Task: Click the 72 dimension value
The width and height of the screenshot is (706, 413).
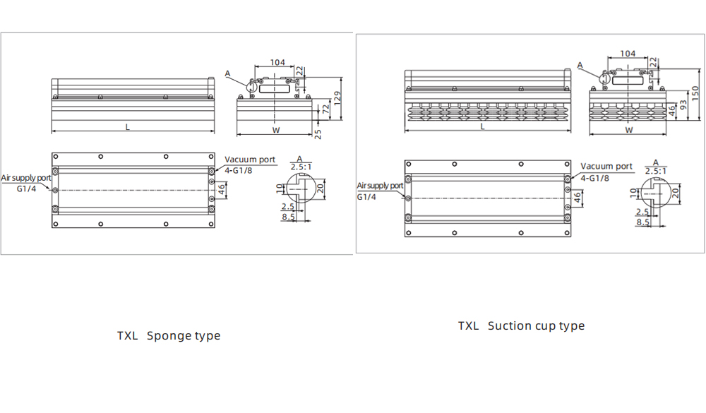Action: (325, 109)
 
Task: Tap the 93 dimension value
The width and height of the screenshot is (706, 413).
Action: (683, 106)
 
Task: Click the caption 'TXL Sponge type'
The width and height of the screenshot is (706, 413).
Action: (169, 335)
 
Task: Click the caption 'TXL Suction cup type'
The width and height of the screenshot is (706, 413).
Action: (521, 325)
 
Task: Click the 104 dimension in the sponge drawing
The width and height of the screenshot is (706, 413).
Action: (277, 62)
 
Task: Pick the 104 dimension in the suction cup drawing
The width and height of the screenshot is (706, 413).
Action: (627, 54)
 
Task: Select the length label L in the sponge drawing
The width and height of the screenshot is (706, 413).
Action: (128, 127)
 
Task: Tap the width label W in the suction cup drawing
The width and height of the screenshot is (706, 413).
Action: (628, 130)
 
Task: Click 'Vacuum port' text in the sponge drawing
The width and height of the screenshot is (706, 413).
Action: (250, 160)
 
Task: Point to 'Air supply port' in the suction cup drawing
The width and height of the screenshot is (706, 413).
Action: (380, 186)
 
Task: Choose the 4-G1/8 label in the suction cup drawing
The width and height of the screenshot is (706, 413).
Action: (594, 178)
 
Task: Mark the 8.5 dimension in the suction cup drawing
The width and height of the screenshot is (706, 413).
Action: (643, 222)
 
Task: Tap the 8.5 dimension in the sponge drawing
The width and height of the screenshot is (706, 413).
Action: (288, 217)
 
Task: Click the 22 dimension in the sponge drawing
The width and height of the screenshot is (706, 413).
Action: (299, 71)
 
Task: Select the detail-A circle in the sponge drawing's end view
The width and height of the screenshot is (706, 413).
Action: (252, 84)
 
